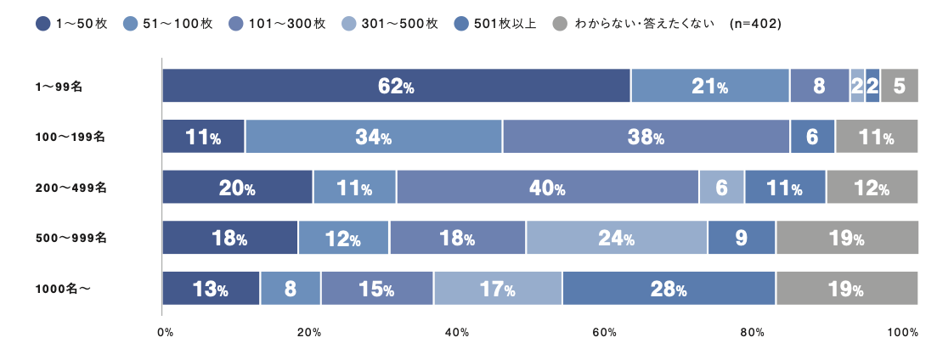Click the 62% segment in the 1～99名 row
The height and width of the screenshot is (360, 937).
(396, 86)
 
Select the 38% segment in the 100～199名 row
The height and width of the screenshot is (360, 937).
(646, 137)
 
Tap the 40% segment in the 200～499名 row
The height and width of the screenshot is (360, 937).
(547, 188)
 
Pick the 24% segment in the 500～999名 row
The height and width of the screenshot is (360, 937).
(616, 238)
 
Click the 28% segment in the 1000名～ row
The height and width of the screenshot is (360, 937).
(669, 289)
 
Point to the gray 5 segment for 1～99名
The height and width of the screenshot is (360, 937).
(899, 86)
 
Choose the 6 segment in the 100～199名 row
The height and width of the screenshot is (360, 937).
(812, 137)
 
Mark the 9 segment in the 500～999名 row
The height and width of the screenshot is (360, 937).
(741, 238)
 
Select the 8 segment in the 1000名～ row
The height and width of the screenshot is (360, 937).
(290, 289)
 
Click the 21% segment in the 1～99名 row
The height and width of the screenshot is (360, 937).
(710, 86)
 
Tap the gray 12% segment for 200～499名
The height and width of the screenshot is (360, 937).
(872, 188)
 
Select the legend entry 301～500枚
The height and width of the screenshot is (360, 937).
(390, 24)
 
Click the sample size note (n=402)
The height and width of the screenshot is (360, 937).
(755, 24)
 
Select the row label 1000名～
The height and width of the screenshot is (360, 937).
(63, 289)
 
